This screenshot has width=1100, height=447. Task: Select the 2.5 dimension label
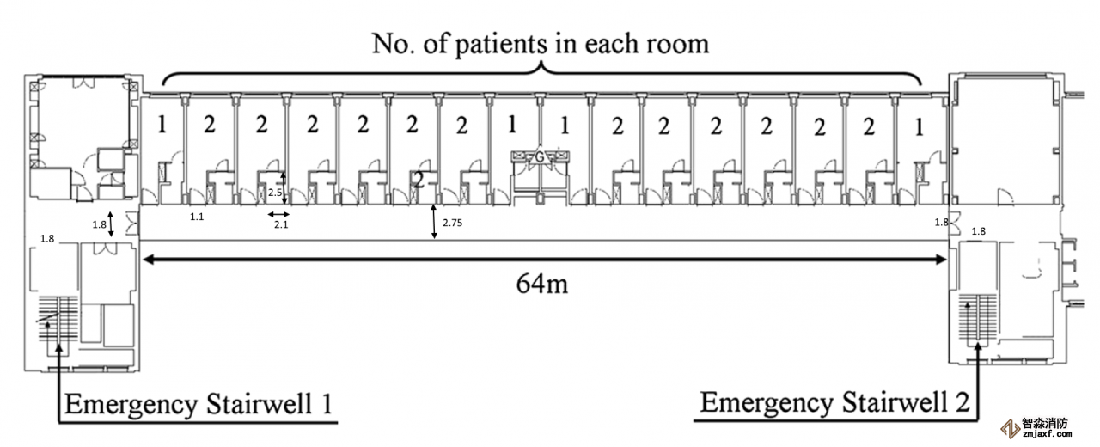(x=275, y=192)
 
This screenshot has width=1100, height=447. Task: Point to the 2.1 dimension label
(x=280, y=225)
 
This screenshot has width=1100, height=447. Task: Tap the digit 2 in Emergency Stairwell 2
(x=964, y=401)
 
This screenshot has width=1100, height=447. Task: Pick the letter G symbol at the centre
(x=539, y=157)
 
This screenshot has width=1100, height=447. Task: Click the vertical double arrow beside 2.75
(x=434, y=221)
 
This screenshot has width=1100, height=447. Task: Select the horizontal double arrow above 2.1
(x=277, y=213)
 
